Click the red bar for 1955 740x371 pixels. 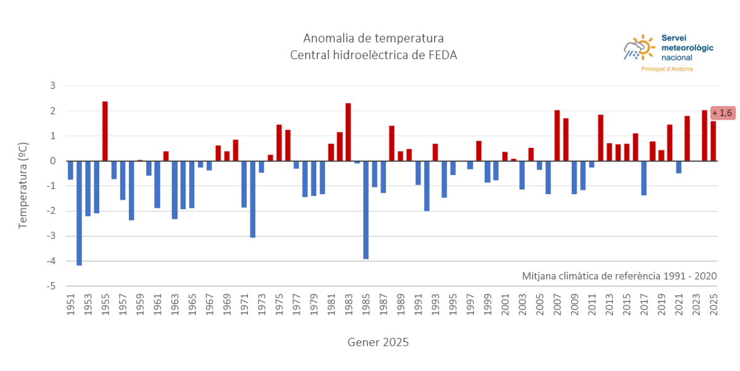[105, 131]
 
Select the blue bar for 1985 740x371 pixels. [366, 210]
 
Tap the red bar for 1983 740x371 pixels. [348, 132]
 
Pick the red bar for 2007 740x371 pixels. [557, 136]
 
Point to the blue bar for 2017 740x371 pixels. [644, 178]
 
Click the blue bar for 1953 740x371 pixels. [88, 189]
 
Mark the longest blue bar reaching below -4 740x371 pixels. [79, 213]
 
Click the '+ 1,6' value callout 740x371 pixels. [723, 113]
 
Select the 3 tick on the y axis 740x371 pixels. [53, 86]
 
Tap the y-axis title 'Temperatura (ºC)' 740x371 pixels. [23, 185]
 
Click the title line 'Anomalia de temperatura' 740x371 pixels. [373, 38]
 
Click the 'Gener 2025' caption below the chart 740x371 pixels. [377, 342]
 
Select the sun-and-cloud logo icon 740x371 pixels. [639, 48]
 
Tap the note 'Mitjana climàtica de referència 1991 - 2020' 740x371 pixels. [619, 276]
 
